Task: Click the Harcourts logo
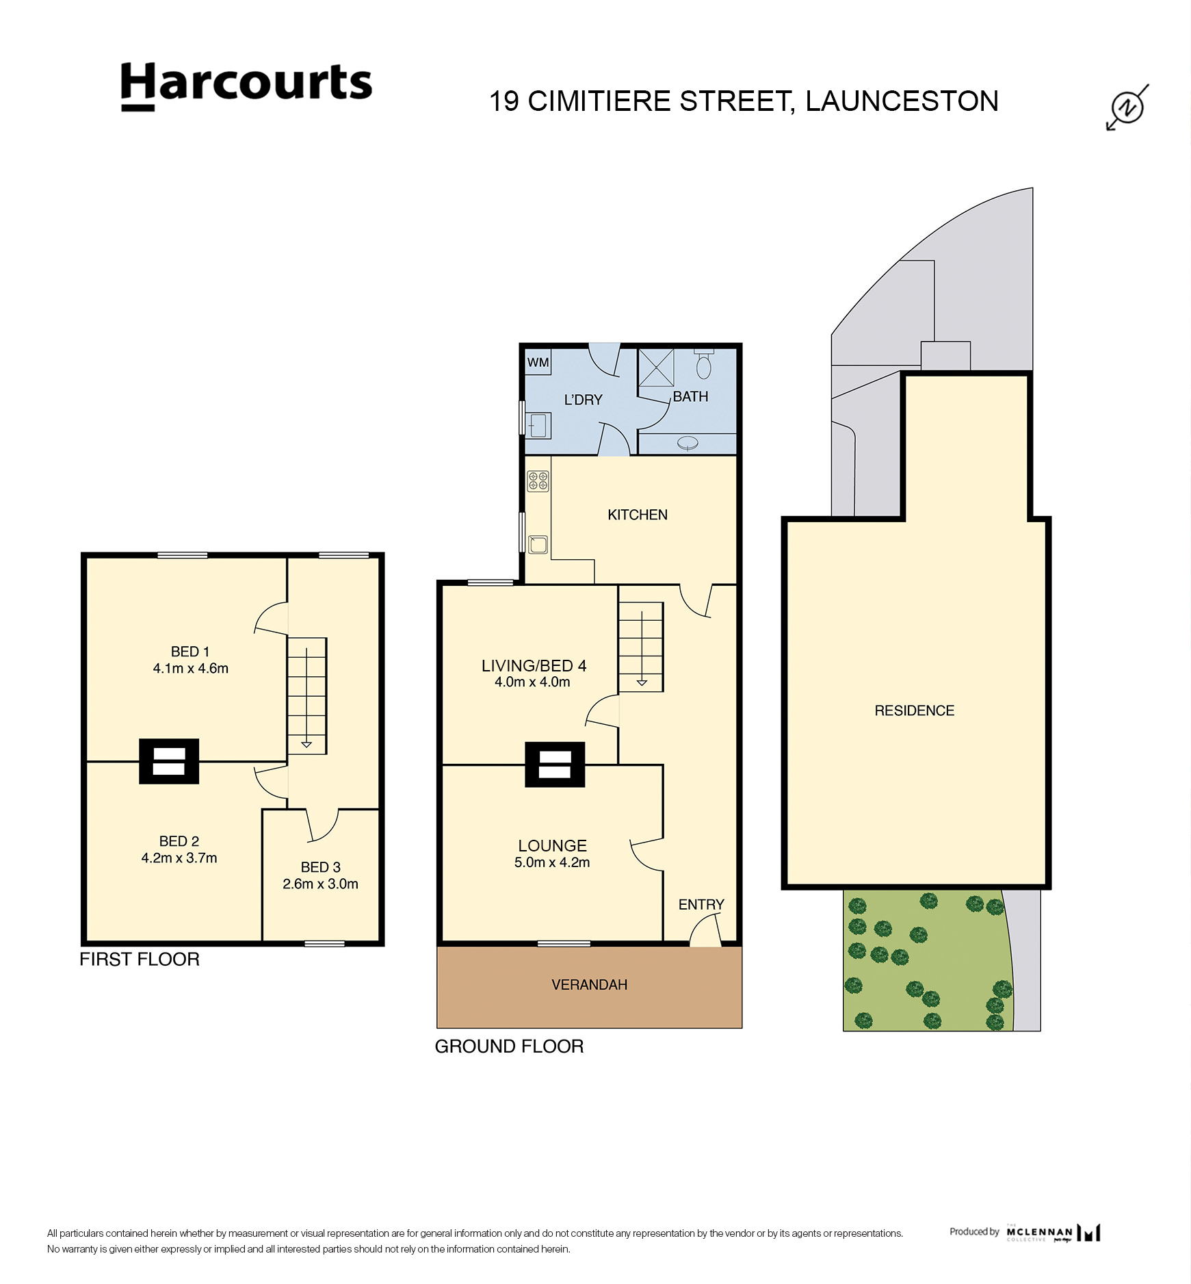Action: (246, 86)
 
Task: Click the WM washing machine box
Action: (538, 362)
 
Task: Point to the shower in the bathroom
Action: (655, 368)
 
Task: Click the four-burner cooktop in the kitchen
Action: (538, 480)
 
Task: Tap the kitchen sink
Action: (538, 544)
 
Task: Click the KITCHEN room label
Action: (637, 515)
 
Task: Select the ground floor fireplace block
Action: (555, 764)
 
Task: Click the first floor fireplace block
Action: (169, 760)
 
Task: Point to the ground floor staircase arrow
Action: (642, 682)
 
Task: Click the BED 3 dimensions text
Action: (320, 884)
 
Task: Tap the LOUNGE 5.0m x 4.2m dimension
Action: (551, 862)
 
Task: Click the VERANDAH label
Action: (589, 984)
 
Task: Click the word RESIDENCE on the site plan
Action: (914, 710)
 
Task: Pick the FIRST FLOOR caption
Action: (140, 959)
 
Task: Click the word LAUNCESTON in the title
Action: (902, 101)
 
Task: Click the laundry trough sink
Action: (538, 425)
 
